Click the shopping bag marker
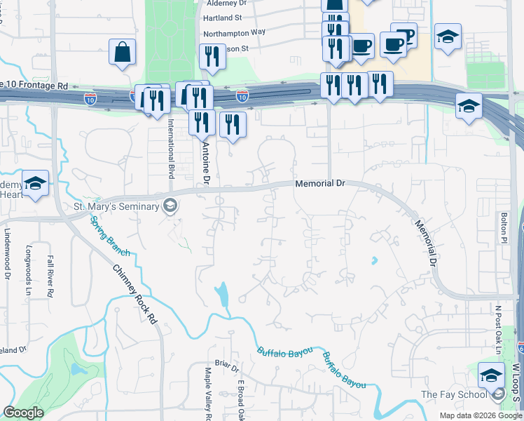coord(122,52)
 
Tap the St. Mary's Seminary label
coord(116,206)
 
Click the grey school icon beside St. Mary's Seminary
coord(169,206)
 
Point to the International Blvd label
coord(170,148)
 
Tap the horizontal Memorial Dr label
coord(320,183)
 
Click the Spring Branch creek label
coord(104,235)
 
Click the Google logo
coord(23,413)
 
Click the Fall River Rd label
coord(50,274)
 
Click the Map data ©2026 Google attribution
coord(480,415)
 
